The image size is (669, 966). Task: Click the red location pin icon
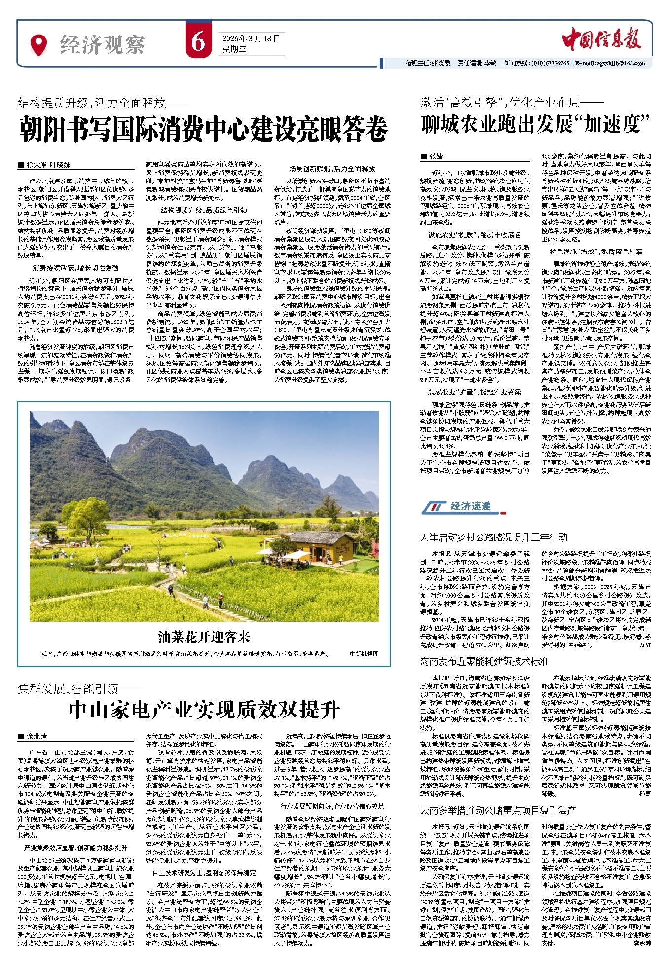click(38, 45)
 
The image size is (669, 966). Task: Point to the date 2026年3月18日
click(251, 38)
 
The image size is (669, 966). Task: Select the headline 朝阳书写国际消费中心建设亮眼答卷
click(203, 129)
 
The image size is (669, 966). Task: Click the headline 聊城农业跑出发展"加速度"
click(535, 124)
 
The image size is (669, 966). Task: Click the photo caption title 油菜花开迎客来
click(204, 637)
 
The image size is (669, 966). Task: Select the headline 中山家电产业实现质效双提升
click(204, 710)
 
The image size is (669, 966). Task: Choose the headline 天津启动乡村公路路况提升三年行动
click(493, 537)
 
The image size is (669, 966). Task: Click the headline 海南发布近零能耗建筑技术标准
click(484, 661)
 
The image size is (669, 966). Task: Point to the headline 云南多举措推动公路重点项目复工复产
click(498, 810)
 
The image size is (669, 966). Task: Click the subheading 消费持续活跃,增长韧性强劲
click(75, 268)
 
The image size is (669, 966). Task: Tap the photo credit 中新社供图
click(364, 653)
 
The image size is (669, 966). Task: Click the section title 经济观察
click(102, 45)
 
